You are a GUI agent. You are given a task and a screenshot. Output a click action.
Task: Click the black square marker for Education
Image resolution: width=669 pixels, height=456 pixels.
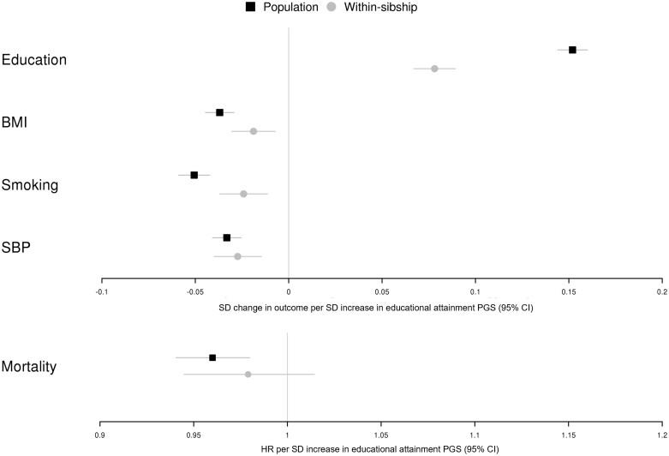tap(572, 50)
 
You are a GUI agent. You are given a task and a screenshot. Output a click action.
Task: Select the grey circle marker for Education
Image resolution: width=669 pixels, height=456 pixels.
tap(434, 69)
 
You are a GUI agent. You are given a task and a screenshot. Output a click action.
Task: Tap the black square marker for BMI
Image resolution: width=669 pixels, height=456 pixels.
tap(219, 112)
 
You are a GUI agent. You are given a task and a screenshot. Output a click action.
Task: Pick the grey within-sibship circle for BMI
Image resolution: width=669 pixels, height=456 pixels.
tap(253, 131)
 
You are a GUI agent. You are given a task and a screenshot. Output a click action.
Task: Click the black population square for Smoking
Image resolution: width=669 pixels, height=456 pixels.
tap(194, 175)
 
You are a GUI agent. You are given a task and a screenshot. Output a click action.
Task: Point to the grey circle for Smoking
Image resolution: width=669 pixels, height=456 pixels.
tap(243, 194)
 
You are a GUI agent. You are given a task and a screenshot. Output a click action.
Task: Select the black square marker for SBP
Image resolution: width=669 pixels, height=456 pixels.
tap(226, 237)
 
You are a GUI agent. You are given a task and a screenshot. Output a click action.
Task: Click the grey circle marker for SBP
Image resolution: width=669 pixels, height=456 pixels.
tap(237, 256)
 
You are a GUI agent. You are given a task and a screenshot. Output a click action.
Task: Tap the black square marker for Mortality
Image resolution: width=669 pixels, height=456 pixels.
tap(212, 357)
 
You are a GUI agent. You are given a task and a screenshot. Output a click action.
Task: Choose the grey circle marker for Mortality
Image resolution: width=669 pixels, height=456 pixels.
tap(248, 374)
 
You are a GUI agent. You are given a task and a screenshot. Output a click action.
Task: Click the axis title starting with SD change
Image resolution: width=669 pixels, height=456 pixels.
tap(377, 307)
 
